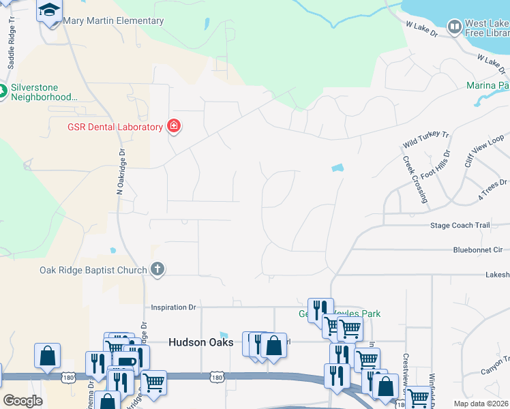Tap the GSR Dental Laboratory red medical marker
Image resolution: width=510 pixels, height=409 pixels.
coord(174,126)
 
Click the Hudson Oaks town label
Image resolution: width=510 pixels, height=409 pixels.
coord(201,342)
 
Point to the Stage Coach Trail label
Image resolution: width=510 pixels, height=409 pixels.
coord(460,225)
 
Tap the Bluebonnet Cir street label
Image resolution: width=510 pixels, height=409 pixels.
coord(477,250)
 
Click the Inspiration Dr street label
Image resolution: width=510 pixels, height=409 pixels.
coord(173,307)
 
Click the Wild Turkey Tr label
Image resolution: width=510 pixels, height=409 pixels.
coord(425,140)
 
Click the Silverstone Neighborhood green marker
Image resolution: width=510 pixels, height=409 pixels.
coord(2,91)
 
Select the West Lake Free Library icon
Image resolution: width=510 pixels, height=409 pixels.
coord(454,27)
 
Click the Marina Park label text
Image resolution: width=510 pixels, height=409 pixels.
coord(487,85)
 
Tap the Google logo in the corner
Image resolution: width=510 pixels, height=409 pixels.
coord(22,401)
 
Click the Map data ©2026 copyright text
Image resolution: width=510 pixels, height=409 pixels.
coord(481,402)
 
